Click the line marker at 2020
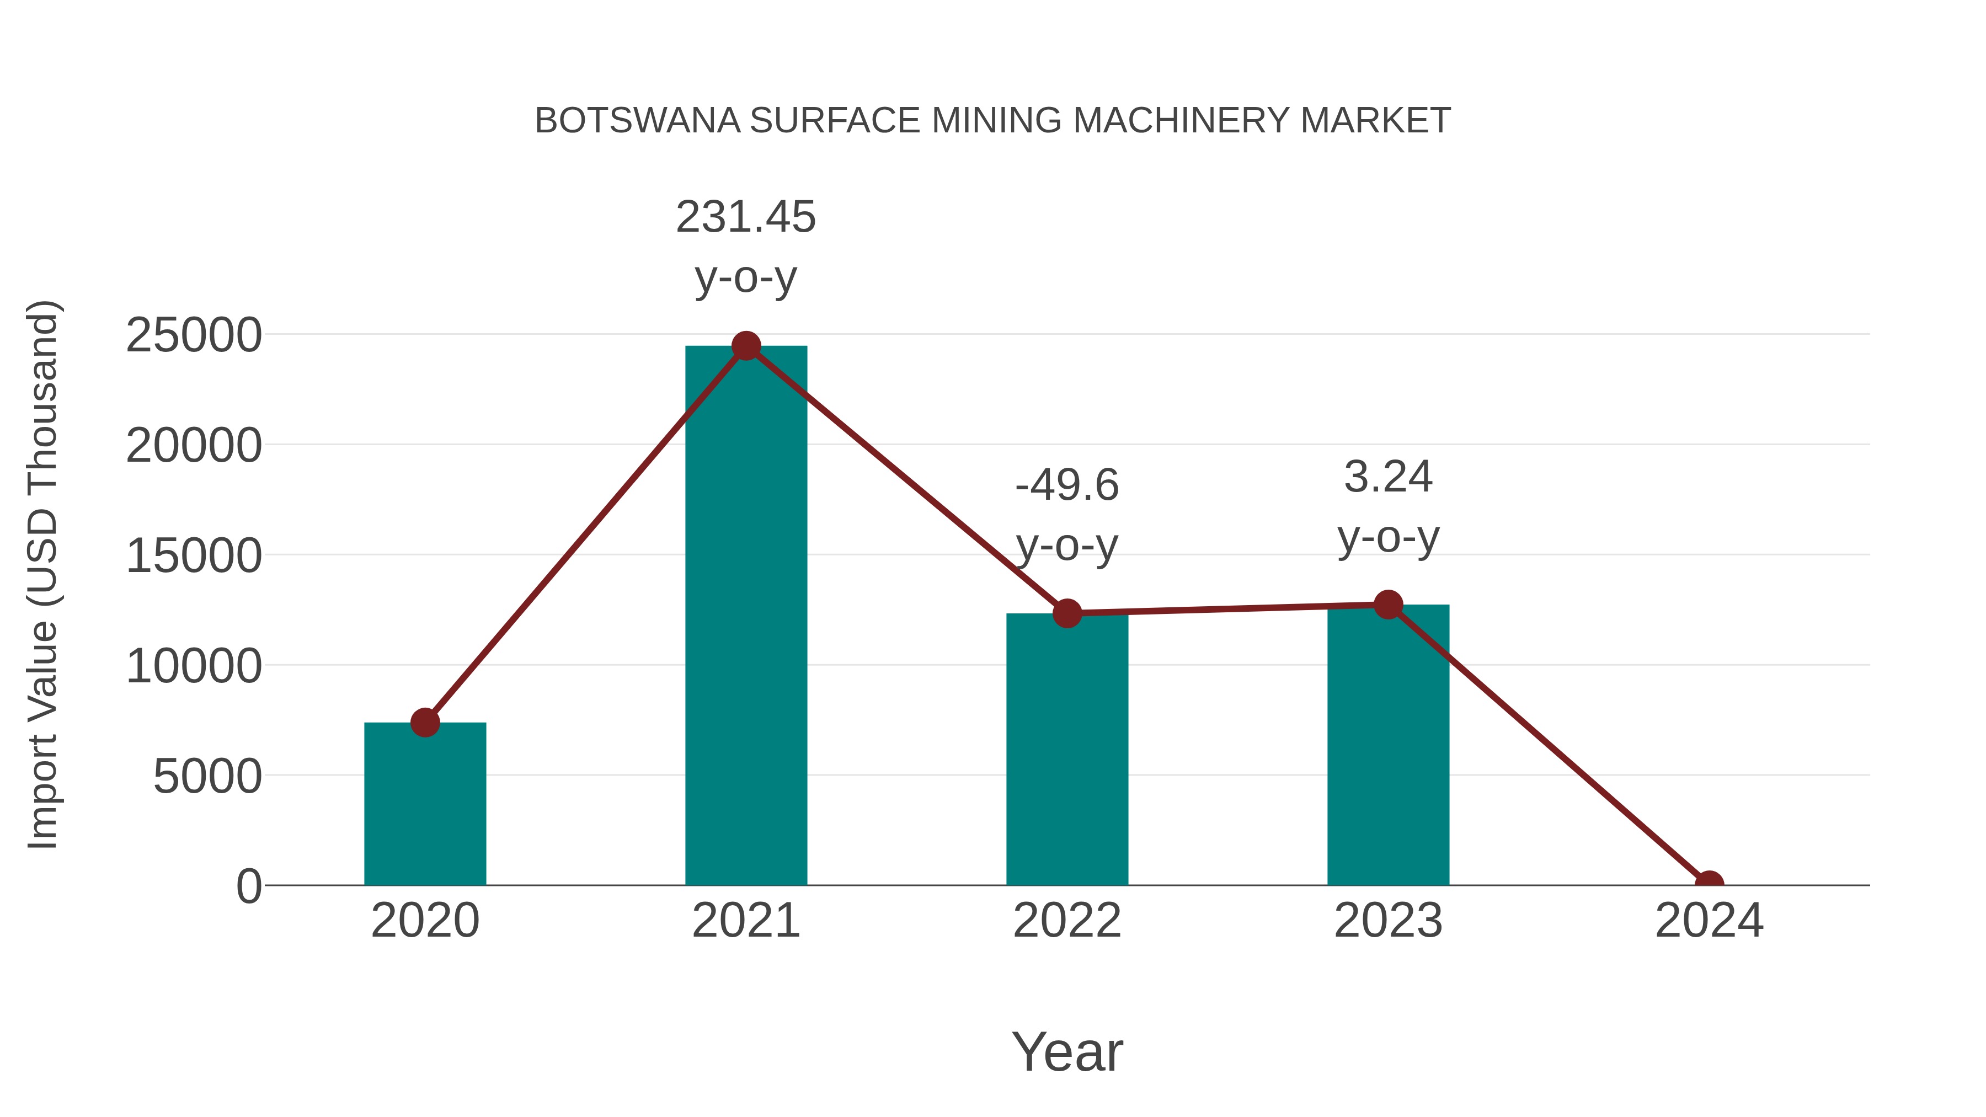(x=425, y=722)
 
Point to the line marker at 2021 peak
(x=745, y=346)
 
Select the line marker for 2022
(x=1067, y=613)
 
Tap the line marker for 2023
(x=1388, y=605)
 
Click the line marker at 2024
(x=1709, y=884)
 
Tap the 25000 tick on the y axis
(x=194, y=335)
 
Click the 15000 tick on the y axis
(x=194, y=556)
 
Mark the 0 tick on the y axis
(x=249, y=886)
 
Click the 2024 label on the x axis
(x=1709, y=921)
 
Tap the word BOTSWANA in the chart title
(x=637, y=121)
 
